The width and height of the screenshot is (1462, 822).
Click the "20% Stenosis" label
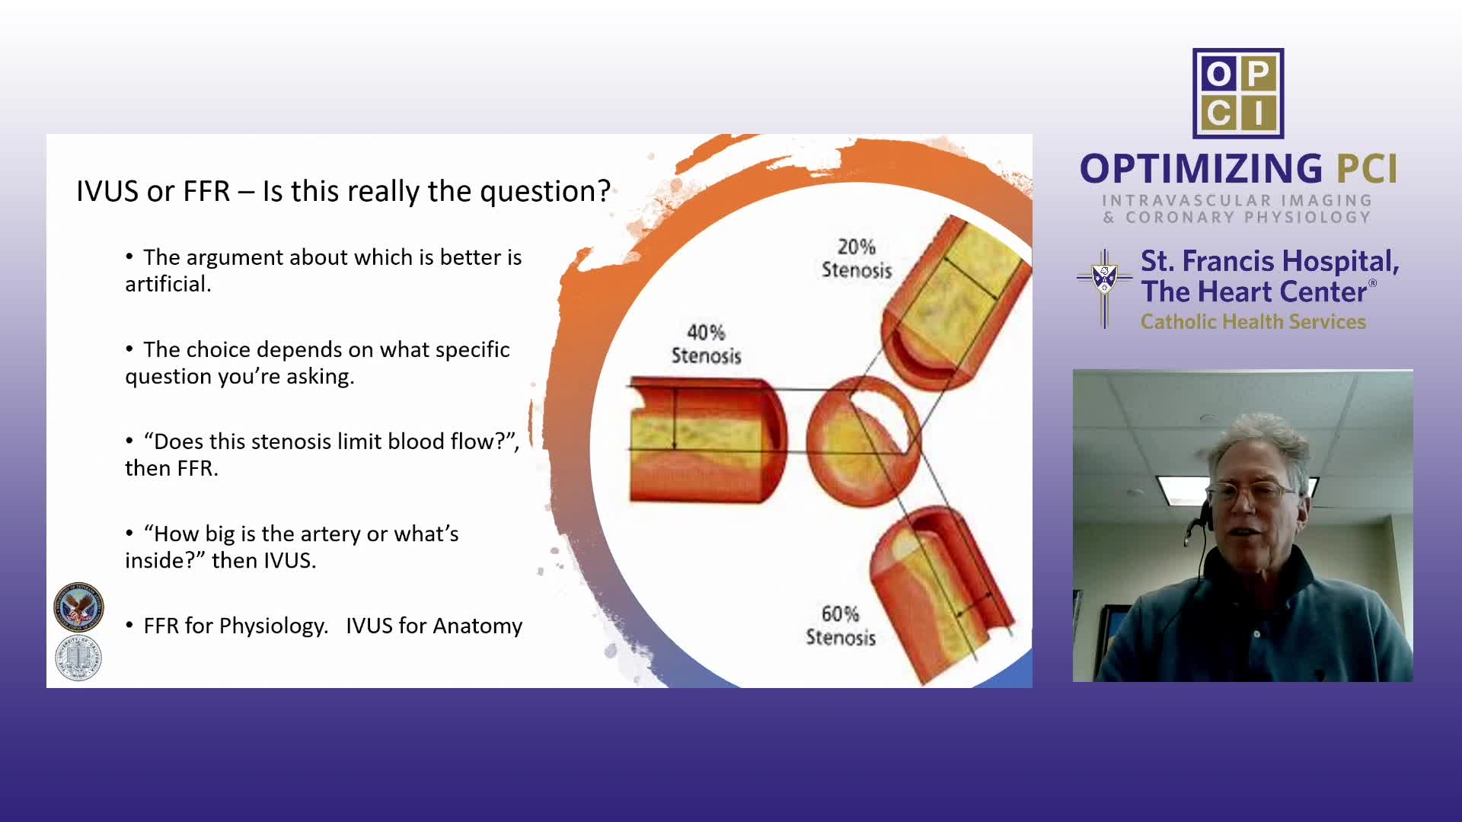(x=857, y=259)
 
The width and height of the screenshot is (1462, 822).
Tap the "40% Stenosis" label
(x=706, y=344)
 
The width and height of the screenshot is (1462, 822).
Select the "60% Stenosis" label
(x=841, y=626)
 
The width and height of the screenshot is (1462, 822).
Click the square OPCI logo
(x=1238, y=94)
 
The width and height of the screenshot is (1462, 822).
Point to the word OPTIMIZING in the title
(x=1202, y=169)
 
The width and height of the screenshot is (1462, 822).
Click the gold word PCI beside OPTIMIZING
(x=1368, y=169)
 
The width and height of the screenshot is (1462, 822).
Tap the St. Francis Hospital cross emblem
(x=1104, y=288)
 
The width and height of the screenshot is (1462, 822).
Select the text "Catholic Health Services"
(x=1253, y=322)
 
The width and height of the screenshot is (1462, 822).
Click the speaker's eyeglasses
(x=1256, y=494)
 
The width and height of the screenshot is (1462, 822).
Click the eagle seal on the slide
(x=78, y=607)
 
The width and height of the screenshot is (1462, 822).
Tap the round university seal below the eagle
(x=78, y=658)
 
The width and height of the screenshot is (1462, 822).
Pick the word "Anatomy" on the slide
(x=477, y=626)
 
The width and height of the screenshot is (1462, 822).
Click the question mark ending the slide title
(x=604, y=191)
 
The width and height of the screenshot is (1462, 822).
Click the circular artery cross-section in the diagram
(x=863, y=441)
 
